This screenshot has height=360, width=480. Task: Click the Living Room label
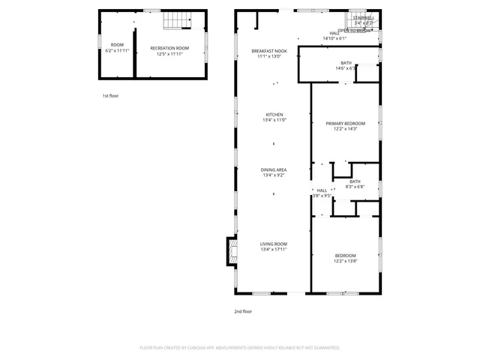click(x=273, y=244)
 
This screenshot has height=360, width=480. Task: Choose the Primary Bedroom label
click(x=345, y=123)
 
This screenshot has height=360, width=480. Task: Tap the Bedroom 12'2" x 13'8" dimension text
click(x=345, y=261)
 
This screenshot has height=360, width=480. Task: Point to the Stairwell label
click(x=364, y=17)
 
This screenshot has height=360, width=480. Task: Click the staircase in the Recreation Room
click(x=175, y=21)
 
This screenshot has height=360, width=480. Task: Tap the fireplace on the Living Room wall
click(x=231, y=252)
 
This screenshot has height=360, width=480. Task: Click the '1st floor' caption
click(x=110, y=96)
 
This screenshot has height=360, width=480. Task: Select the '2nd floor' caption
click(x=242, y=310)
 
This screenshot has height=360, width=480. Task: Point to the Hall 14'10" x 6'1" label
click(x=334, y=35)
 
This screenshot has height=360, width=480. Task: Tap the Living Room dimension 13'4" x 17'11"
click(x=273, y=249)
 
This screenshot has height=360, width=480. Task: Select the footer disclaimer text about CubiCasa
click(x=240, y=348)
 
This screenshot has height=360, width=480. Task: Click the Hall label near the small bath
click(x=322, y=190)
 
